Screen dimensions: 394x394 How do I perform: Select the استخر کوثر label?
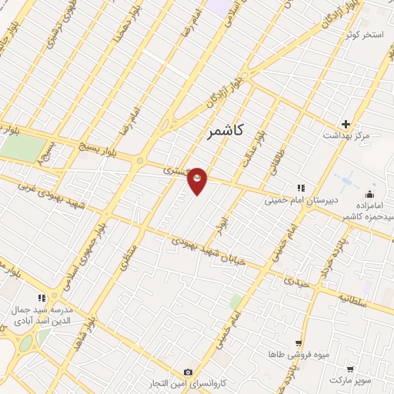coord(365,35)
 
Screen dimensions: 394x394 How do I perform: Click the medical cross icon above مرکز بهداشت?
coord(346,123)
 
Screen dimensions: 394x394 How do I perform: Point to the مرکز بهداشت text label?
coord(364,135)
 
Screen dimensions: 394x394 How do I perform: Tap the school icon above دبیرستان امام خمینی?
coord(302,188)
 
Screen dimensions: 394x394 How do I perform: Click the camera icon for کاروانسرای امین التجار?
coord(189,372)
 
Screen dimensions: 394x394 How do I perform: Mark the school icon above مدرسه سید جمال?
coord(42,298)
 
